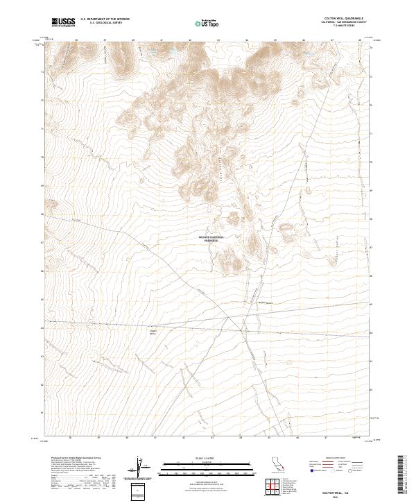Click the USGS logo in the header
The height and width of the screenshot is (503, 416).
63,22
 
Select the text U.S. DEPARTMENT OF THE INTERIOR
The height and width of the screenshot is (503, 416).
105,19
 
